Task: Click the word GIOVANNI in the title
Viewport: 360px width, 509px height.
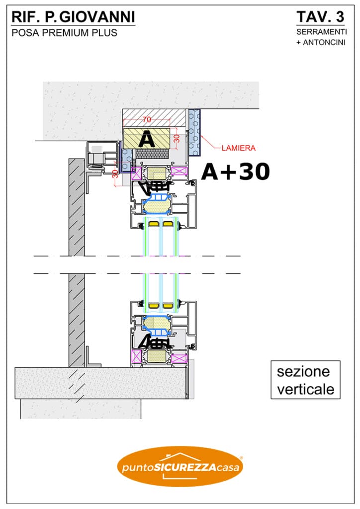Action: coord(97,17)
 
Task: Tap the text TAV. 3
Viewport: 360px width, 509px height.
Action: coord(320,17)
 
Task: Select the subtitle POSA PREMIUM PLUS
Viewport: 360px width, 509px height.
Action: coord(64,33)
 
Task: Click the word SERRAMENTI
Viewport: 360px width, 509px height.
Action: coord(321,32)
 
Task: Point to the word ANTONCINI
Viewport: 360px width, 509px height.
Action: coord(324,43)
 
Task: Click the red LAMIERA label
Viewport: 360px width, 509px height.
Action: coord(239,148)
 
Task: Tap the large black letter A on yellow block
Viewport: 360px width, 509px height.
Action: coord(147,140)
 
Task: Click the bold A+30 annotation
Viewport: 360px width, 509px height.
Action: coord(236,171)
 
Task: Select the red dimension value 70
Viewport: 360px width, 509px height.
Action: coord(147,119)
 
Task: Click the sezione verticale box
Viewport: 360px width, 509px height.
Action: coord(305,379)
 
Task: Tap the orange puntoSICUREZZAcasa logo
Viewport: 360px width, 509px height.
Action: coord(180,466)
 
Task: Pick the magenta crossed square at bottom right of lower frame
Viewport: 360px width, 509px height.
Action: coord(180,358)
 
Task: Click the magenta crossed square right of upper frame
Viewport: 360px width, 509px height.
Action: coord(180,171)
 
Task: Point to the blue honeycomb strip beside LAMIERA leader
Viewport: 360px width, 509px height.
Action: coord(194,132)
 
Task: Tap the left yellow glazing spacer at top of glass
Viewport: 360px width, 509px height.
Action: coord(153,224)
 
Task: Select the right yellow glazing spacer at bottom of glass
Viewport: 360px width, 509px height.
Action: coord(168,306)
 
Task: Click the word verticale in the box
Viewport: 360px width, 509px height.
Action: coord(305,389)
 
